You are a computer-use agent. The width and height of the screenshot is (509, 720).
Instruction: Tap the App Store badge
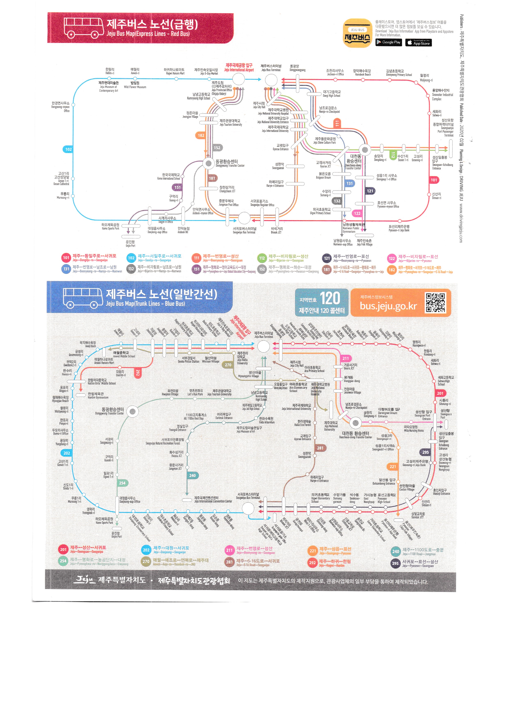pyautogui.click(x=418, y=42)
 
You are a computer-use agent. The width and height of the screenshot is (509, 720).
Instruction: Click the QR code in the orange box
pyautogui.click(x=435, y=303)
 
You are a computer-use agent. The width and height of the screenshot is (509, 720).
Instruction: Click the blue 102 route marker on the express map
pyautogui.click(x=68, y=149)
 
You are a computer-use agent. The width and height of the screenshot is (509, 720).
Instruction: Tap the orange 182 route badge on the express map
pyautogui.click(x=201, y=136)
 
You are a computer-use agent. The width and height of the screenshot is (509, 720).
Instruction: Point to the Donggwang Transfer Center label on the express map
pyautogui.click(x=230, y=163)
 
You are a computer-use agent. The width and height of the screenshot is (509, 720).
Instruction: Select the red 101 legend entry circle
pyautogui.click(x=66, y=258)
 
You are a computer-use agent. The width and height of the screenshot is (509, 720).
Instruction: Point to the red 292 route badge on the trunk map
pyautogui.click(x=137, y=373)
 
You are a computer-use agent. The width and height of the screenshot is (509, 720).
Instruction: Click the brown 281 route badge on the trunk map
pyautogui.click(x=320, y=448)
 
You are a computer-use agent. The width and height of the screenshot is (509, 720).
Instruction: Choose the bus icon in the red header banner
pyautogui.click(x=84, y=28)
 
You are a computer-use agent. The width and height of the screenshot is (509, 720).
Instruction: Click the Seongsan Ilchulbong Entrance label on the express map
pyautogui.click(x=442, y=162)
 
